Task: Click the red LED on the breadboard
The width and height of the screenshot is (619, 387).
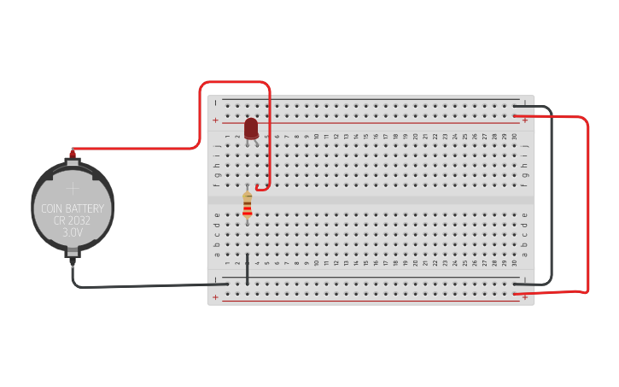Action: (251, 128)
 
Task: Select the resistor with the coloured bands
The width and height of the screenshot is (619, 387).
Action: (248, 205)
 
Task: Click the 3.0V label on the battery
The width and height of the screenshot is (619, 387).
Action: (73, 232)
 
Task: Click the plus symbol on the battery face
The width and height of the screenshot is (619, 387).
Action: (73, 187)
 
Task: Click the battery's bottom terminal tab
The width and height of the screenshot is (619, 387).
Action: (73, 253)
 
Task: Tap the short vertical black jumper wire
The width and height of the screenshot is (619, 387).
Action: (248, 268)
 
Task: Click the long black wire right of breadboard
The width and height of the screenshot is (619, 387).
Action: (552, 196)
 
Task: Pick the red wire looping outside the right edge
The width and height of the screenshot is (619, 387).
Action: (588, 205)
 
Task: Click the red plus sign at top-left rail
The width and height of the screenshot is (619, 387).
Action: (215, 120)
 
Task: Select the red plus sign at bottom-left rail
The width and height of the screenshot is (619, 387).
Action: (215, 297)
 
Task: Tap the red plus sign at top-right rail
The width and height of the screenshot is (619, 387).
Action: (524, 120)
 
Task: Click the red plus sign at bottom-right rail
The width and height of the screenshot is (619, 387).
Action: (524, 297)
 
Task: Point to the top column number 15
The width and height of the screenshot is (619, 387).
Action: (365, 137)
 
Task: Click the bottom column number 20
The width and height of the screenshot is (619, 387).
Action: (415, 263)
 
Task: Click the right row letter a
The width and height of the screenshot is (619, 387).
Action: (524, 254)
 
